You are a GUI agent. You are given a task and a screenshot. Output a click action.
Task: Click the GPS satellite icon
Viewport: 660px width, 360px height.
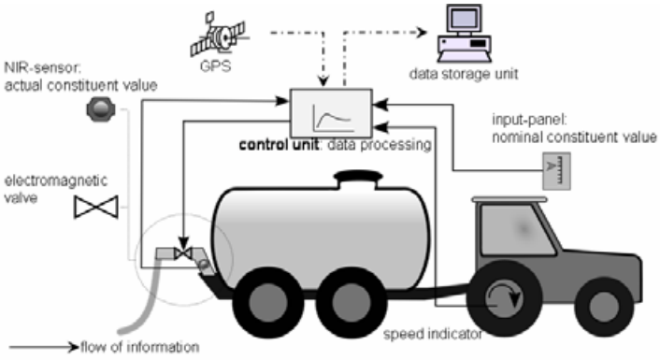218,35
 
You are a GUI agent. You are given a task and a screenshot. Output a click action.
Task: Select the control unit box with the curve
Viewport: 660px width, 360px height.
331,113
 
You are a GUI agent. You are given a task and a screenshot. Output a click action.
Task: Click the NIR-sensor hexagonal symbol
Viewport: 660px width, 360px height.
101,108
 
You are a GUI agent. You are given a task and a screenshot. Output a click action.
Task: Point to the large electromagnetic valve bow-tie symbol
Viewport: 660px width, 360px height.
96,208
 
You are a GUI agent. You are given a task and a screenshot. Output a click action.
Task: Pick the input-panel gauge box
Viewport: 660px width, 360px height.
556,171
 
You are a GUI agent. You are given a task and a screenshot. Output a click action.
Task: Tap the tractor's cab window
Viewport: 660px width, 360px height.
519,229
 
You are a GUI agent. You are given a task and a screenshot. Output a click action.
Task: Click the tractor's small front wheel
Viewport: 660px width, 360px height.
604,307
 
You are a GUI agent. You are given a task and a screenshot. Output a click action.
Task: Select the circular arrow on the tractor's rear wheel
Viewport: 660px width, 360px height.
504,297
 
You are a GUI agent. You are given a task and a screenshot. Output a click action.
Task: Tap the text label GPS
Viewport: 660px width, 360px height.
216,66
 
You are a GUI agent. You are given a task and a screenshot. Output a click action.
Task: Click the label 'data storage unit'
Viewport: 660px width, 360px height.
464,74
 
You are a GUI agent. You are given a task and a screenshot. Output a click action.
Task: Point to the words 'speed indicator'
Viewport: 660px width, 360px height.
433,335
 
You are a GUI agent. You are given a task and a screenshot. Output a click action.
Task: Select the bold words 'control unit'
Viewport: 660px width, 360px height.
279,144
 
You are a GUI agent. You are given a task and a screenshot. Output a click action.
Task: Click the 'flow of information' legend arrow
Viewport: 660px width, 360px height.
44,347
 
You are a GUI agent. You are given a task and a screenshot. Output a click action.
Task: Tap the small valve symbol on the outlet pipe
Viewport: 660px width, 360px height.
183,253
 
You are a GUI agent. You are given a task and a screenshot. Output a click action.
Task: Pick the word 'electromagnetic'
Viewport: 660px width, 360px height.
55,181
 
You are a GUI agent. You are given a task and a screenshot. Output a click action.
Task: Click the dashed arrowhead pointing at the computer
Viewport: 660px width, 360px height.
422,33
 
